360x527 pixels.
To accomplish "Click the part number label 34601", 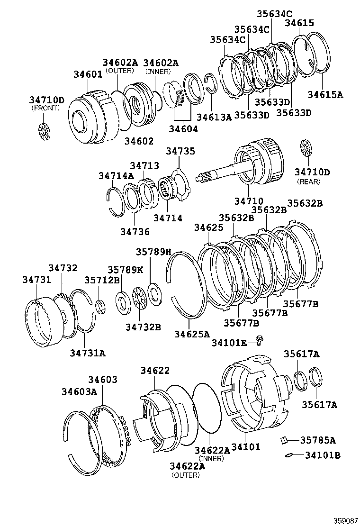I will (x=88, y=74).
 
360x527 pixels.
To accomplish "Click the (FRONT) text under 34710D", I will (x=46, y=109).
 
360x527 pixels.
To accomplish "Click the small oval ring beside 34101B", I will (x=288, y=455).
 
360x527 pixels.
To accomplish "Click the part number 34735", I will (x=180, y=152).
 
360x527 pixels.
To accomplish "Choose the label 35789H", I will (x=153, y=252).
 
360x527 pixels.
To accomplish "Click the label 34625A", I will (x=191, y=334).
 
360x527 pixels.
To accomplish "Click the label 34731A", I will (x=88, y=352).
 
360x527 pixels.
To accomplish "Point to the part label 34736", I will (x=135, y=232).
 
